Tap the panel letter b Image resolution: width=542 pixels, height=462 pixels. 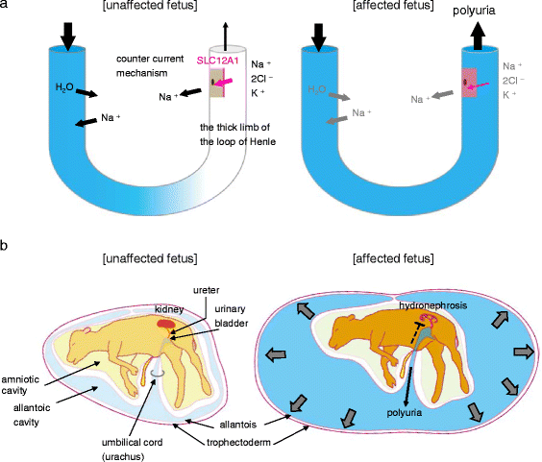[x=7, y=247]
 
